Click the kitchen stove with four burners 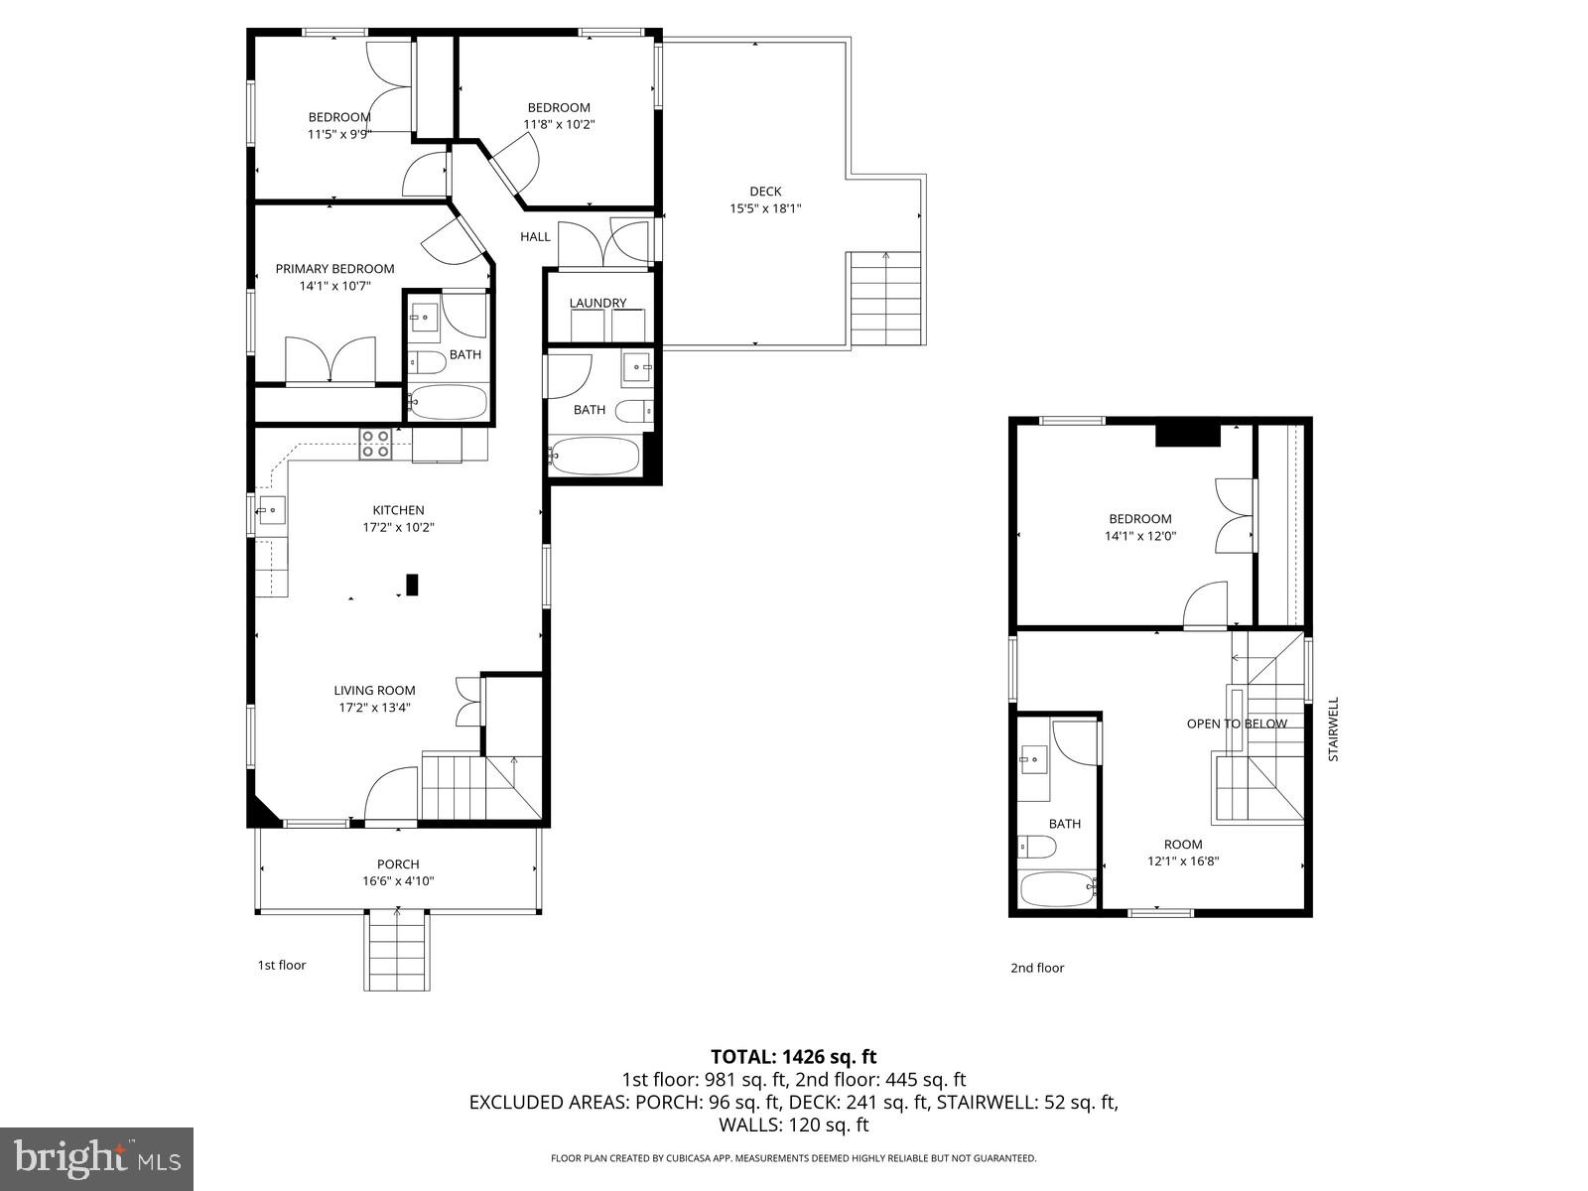point(375,444)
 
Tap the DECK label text point(765,192)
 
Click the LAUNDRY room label point(597,303)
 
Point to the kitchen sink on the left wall point(270,511)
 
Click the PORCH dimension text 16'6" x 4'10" point(398,881)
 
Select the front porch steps point(398,951)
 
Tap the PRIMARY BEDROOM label point(334,269)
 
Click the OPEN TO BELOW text point(1237,724)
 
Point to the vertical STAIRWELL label point(1334,728)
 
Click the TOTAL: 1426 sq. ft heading point(793,1057)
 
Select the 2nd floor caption point(1037,968)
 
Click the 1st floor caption point(282,965)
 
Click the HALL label point(535,236)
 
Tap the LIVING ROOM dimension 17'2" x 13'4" point(374,708)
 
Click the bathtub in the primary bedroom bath point(449,403)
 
